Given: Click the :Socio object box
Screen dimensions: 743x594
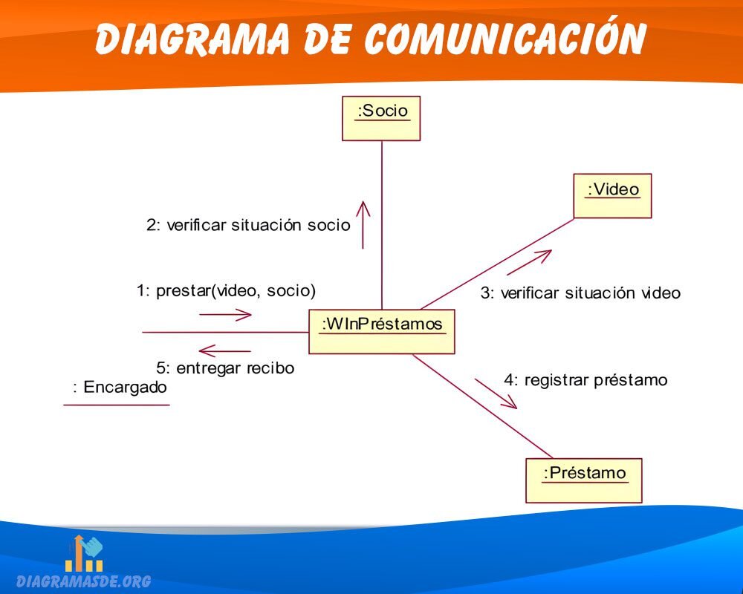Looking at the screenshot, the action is pos(381,118).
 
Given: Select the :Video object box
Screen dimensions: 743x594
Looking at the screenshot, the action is pos(612,195).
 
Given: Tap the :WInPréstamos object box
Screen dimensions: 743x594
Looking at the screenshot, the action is pos(381,332).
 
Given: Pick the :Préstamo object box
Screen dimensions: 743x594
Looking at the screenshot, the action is pos(584,480).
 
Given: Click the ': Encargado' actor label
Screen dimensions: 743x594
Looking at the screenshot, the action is pos(120,387).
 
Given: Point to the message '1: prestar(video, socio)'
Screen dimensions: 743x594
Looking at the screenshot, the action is pos(226,290).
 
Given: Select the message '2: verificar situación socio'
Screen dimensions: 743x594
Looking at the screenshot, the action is pos(248,225).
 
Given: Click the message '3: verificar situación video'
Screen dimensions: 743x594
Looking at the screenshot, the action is pos(580,293).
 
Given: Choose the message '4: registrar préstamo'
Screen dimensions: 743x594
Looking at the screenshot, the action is pos(585,380).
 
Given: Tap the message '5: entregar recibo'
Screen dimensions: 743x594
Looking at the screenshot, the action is pos(225,368).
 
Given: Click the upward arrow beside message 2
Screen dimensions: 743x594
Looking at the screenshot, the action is pos(363,224).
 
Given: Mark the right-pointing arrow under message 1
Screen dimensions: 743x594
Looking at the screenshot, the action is pos(225,315).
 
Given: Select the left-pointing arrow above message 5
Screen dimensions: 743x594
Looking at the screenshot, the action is pos(224,351).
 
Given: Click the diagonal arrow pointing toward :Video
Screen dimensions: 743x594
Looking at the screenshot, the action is pos(529,262).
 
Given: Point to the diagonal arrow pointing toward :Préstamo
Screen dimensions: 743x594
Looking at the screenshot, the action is pos(496,394).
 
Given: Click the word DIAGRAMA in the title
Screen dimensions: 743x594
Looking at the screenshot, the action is pos(192,38).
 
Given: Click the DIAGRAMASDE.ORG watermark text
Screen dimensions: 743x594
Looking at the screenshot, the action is pos(84,581).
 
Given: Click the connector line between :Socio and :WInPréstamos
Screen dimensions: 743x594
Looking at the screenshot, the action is pos(382,225).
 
